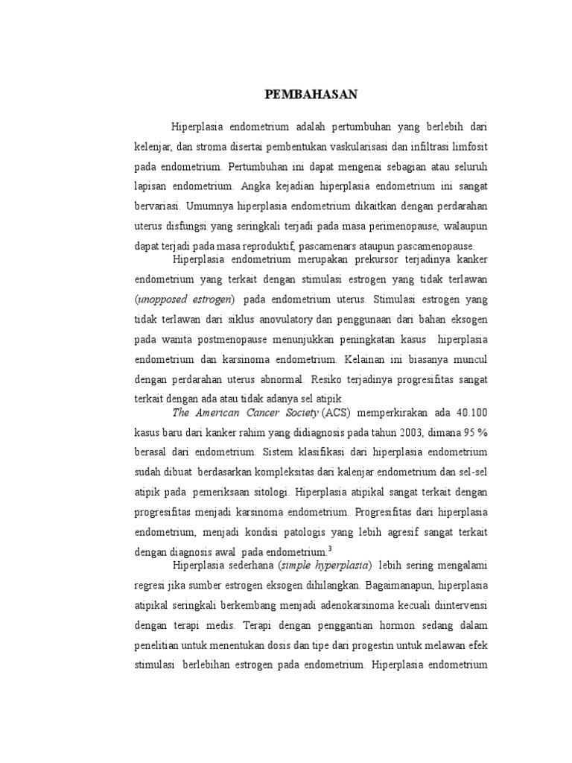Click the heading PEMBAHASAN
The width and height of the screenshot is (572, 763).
pyautogui.click(x=312, y=94)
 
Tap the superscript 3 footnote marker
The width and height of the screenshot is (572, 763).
pyautogui.click(x=329, y=548)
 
